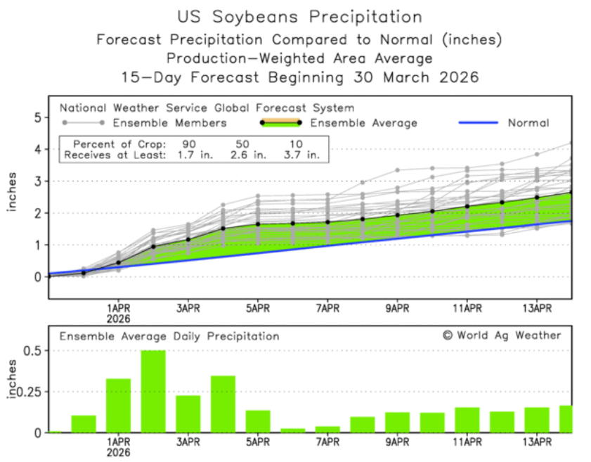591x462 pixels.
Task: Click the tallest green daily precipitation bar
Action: point(153,391)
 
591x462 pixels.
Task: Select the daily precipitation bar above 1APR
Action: point(118,405)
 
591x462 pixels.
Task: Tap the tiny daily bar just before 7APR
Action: point(292,430)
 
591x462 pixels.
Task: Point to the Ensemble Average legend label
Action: point(363,123)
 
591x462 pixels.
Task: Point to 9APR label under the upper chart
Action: point(397,308)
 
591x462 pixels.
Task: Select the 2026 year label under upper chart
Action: point(118,318)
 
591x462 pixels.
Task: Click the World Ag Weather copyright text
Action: point(502,335)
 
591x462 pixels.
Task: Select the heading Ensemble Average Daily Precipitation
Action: point(169,336)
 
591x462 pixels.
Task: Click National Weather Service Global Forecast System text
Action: point(207,108)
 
